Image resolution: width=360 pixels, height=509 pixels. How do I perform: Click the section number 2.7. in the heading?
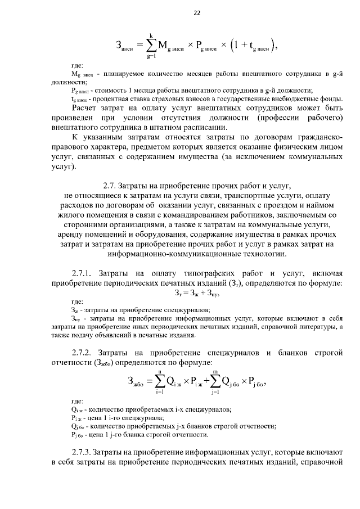tap(111, 184)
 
